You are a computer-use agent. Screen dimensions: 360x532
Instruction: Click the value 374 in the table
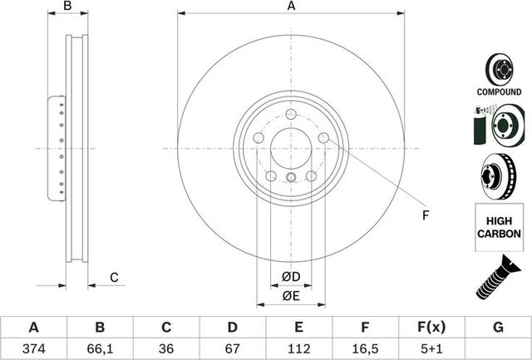pos(33,348)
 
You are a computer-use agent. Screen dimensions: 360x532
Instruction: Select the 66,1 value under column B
pos(100,348)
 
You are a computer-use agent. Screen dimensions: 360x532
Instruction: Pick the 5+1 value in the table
pos(431,348)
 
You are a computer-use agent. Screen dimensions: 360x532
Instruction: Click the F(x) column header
pos(431,328)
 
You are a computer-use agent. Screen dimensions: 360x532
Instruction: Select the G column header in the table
pos(498,328)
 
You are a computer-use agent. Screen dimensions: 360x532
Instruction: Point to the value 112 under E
pos(299,348)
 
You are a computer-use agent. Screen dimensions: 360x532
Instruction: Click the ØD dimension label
pos(290,275)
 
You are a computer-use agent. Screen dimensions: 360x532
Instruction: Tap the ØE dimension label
pos(290,296)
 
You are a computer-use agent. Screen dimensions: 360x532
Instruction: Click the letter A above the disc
pos(291,7)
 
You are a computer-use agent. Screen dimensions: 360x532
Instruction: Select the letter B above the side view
pos(69,7)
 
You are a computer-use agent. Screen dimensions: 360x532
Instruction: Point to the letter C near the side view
pos(115,277)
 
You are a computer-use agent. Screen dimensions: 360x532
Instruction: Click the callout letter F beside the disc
pos(425,216)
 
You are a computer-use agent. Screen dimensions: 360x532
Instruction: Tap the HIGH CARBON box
pos(500,227)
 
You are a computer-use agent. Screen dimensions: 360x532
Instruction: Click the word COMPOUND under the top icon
pos(500,91)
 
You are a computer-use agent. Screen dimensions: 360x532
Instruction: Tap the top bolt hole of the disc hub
pos(290,115)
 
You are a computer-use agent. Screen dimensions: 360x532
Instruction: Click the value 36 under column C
pos(166,348)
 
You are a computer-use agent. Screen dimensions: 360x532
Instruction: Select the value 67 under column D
pos(233,348)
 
